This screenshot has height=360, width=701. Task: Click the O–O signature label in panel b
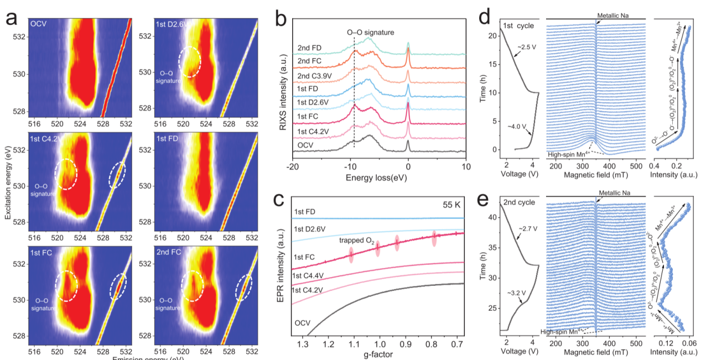point(371,33)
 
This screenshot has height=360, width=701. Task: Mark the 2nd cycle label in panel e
point(519,202)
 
